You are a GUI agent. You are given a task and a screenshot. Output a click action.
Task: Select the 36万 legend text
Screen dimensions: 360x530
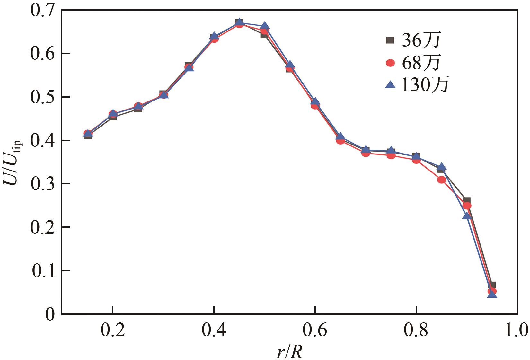[421, 40]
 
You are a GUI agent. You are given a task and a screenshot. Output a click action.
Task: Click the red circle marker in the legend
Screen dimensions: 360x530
[390, 63]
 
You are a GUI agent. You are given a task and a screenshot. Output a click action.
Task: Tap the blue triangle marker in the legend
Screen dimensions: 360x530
[390, 84]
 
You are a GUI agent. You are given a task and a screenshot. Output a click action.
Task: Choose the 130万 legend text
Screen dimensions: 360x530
[425, 85]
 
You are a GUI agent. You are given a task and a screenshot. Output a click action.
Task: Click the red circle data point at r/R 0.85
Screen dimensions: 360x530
[441, 180]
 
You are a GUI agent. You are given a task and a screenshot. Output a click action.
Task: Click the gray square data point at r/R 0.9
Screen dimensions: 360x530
[467, 200]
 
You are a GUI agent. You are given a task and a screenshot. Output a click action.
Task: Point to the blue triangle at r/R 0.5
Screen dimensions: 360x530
[264, 26]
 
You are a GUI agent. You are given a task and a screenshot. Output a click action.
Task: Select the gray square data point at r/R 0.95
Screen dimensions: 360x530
[492, 285]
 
